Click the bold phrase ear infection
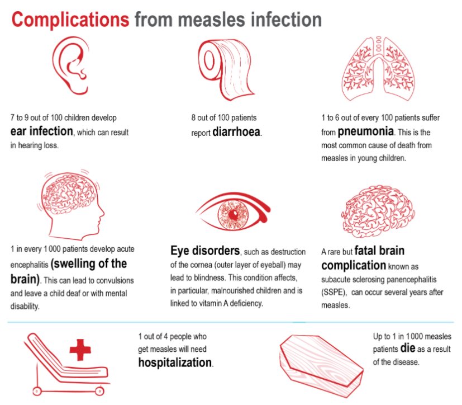(42, 132)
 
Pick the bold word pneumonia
(366, 133)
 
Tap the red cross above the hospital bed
(80, 351)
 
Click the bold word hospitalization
(175, 362)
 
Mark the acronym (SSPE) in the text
(334, 293)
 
